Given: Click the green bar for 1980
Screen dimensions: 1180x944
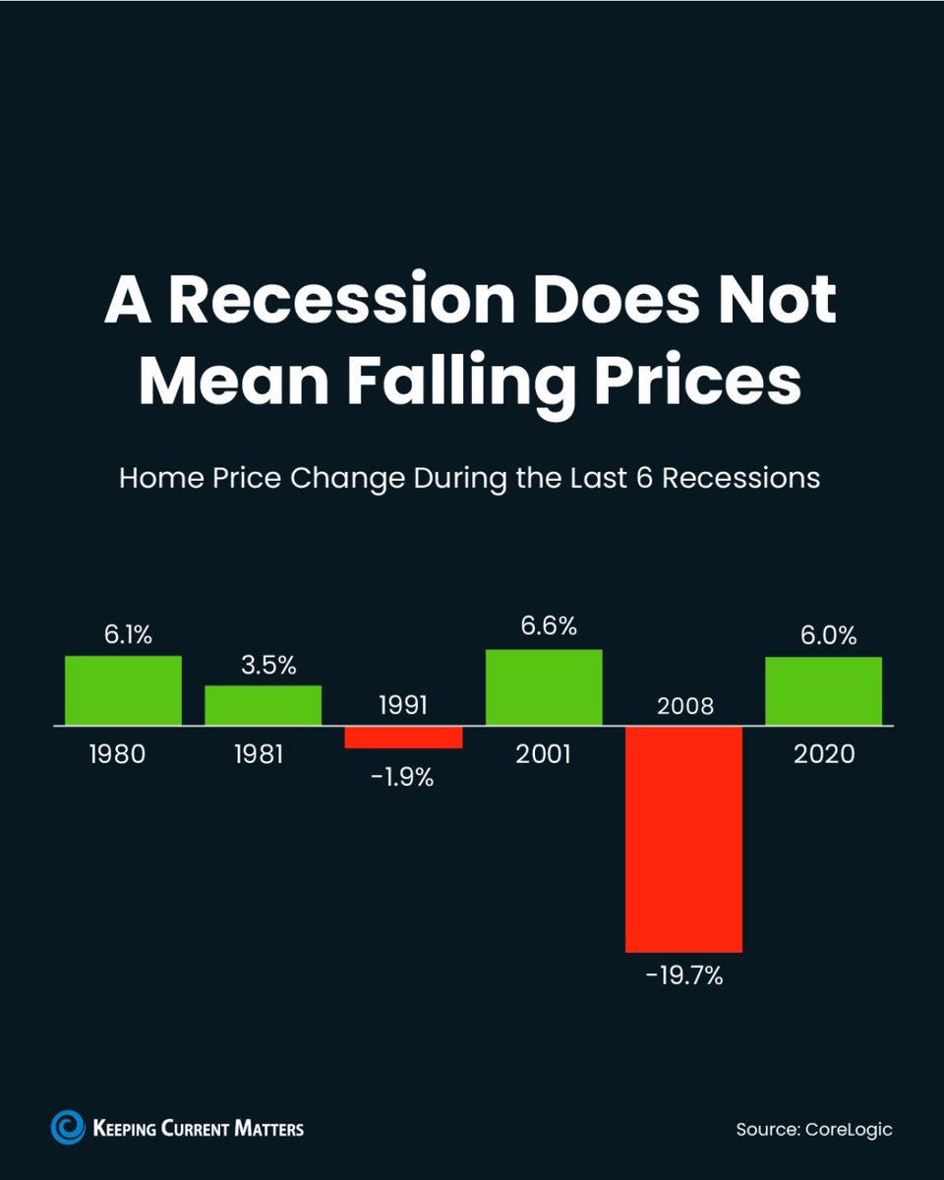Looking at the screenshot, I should pyautogui.click(x=123, y=690).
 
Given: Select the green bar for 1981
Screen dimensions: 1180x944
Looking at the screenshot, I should pyautogui.click(x=263, y=705).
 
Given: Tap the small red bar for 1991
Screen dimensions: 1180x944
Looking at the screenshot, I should pyautogui.click(x=403, y=737).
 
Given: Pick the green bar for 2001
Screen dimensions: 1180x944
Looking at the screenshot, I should pyautogui.click(x=544, y=687).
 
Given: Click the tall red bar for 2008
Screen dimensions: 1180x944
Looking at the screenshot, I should pyautogui.click(x=683, y=839).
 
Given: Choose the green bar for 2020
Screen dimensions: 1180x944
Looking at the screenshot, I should pyautogui.click(x=823, y=690).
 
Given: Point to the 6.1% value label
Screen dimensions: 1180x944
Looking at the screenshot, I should pyautogui.click(x=129, y=635).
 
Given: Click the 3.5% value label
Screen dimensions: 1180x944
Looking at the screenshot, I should pyautogui.click(x=268, y=666).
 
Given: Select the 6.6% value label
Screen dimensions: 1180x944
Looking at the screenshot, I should pyautogui.click(x=549, y=626).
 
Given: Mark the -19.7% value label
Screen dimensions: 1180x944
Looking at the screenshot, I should pyautogui.click(x=683, y=977).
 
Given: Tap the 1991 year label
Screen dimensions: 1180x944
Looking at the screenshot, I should pyautogui.click(x=403, y=705).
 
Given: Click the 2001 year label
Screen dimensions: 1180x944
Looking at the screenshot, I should pyautogui.click(x=544, y=754).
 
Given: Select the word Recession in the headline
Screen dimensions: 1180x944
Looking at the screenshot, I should pyautogui.click(x=341, y=300).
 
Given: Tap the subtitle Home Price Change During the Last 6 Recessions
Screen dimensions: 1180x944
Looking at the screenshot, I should pyautogui.click(x=469, y=479).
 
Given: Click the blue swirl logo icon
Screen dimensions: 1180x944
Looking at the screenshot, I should pyautogui.click(x=68, y=1127).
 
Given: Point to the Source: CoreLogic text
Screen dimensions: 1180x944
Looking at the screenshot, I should pyautogui.click(x=813, y=1129).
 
